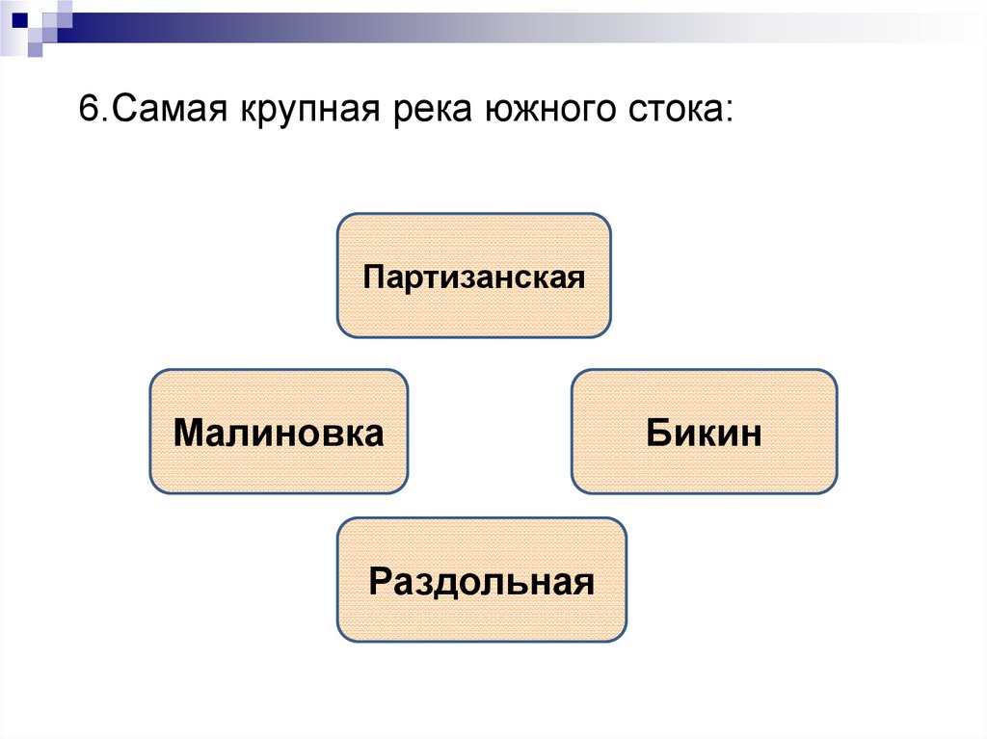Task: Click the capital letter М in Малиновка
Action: [x=189, y=432]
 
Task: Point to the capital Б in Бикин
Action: [x=657, y=432]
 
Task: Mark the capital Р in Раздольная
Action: [x=379, y=581]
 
